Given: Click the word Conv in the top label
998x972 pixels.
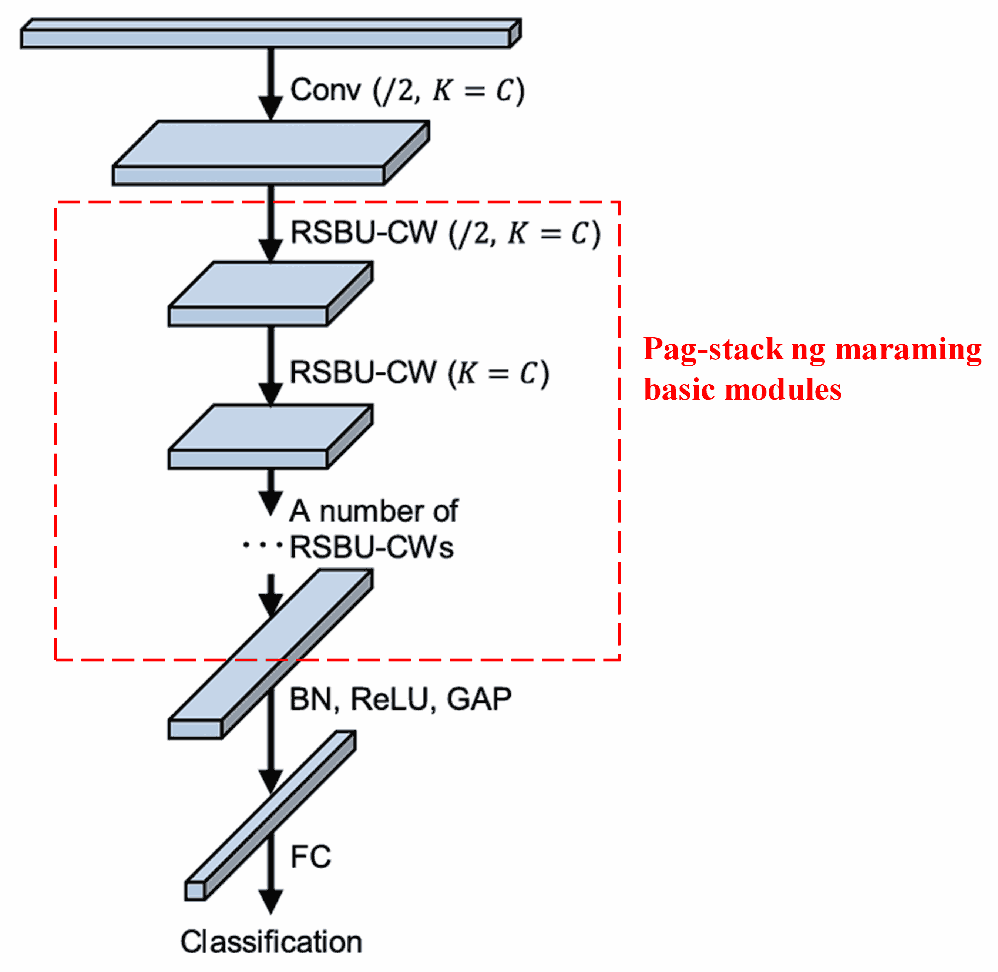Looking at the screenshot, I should pos(325,91).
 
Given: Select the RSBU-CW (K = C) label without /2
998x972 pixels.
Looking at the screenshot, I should pos(419,373).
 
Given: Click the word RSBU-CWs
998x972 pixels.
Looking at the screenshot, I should pos(372,547).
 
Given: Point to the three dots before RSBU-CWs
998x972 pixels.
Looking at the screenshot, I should pos(262,545).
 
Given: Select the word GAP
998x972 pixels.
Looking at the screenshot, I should pos(479,700).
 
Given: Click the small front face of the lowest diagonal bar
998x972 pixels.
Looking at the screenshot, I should pos(195,891).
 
